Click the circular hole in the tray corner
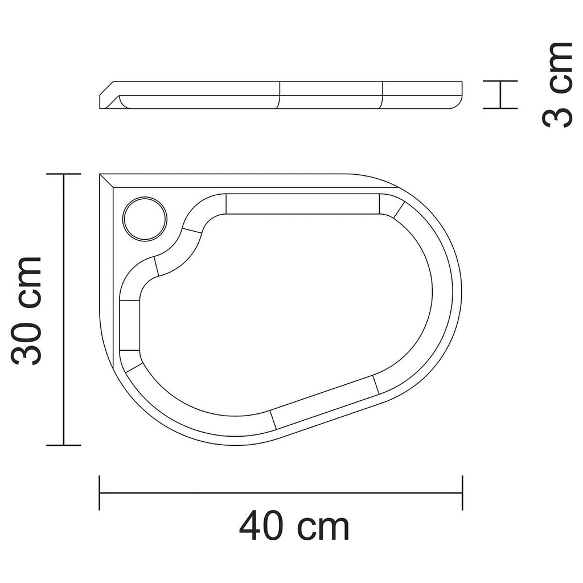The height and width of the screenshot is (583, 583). pos(145,218)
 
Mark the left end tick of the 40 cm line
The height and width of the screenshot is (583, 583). pos(100,493)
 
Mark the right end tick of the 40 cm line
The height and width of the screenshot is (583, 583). pos(462,493)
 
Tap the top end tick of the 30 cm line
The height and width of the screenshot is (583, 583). pos(63,174)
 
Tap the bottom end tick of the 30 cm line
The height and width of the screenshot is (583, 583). pos(63,445)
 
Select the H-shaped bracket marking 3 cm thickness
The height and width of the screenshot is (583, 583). pos(500,95)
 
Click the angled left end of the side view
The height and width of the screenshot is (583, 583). pos(108,94)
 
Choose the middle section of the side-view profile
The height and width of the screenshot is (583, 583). pos(331,95)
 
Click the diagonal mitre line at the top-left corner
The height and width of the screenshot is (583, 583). pos(106,181)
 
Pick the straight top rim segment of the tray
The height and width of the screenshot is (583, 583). pos(302,204)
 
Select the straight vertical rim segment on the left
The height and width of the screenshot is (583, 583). pos(130,325)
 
